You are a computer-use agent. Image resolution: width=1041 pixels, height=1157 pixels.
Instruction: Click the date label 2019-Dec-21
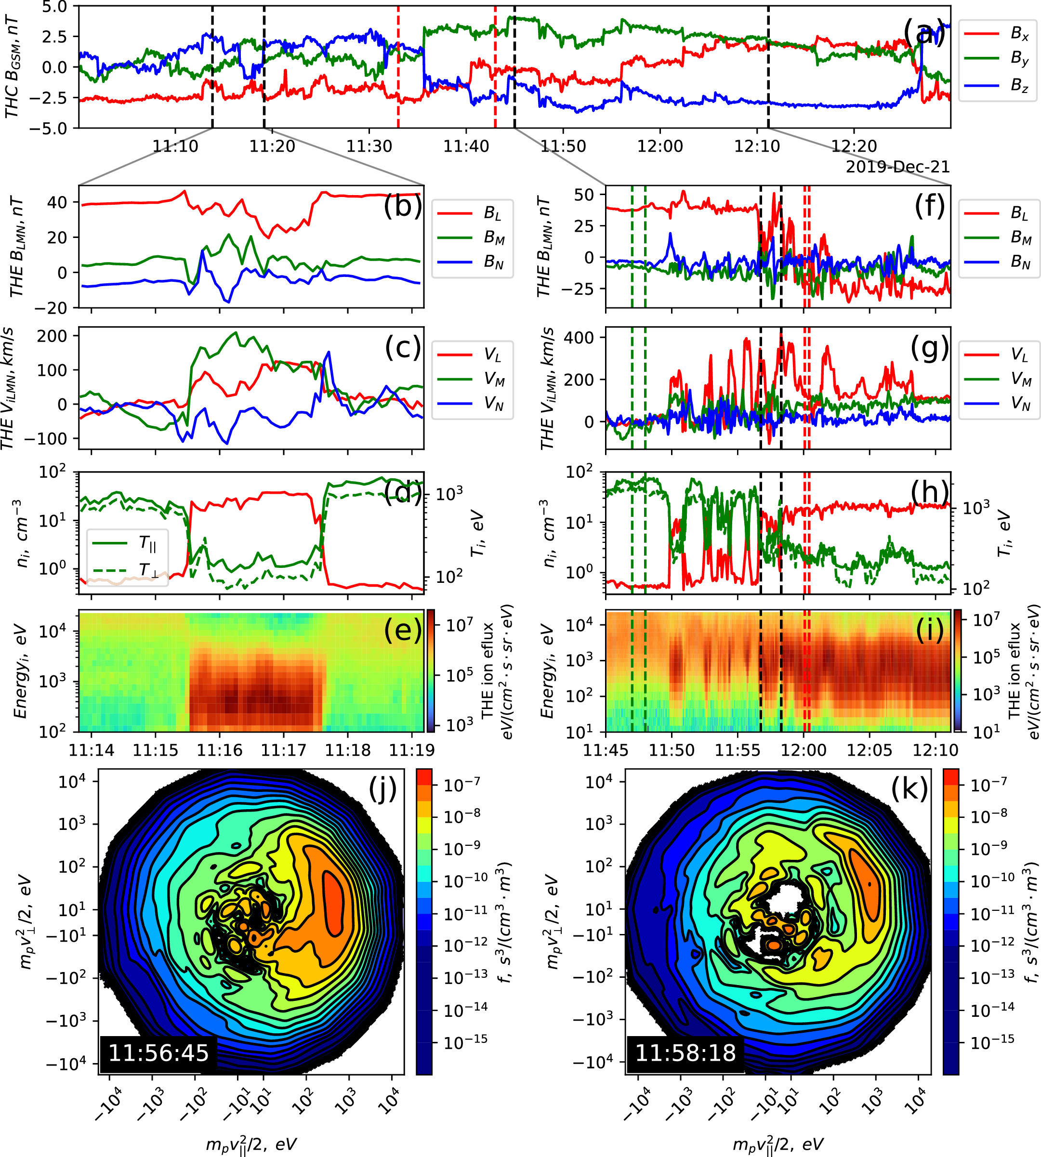pyautogui.click(x=897, y=167)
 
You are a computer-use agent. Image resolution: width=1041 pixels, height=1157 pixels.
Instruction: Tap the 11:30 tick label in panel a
pyautogui.click(x=369, y=146)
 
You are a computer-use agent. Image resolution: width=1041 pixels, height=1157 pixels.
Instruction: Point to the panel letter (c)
pyautogui.click(x=403, y=348)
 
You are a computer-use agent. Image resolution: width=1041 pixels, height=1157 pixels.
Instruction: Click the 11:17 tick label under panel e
pyautogui.click(x=284, y=750)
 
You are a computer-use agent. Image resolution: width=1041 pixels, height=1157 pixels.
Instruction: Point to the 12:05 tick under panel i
pyautogui.click(x=869, y=750)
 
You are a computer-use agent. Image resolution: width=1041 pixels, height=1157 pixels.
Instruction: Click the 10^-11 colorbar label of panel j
pyautogui.click(x=466, y=910)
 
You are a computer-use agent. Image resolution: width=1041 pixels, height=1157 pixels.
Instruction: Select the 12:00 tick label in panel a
pyautogui.click(x=660, y=146)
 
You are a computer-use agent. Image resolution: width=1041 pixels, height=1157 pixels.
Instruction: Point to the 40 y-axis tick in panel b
pyautogui.click(x=57, y=202)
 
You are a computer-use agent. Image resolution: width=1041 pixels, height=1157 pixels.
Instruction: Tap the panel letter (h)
pyautogui.click(x=929, y=492)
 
